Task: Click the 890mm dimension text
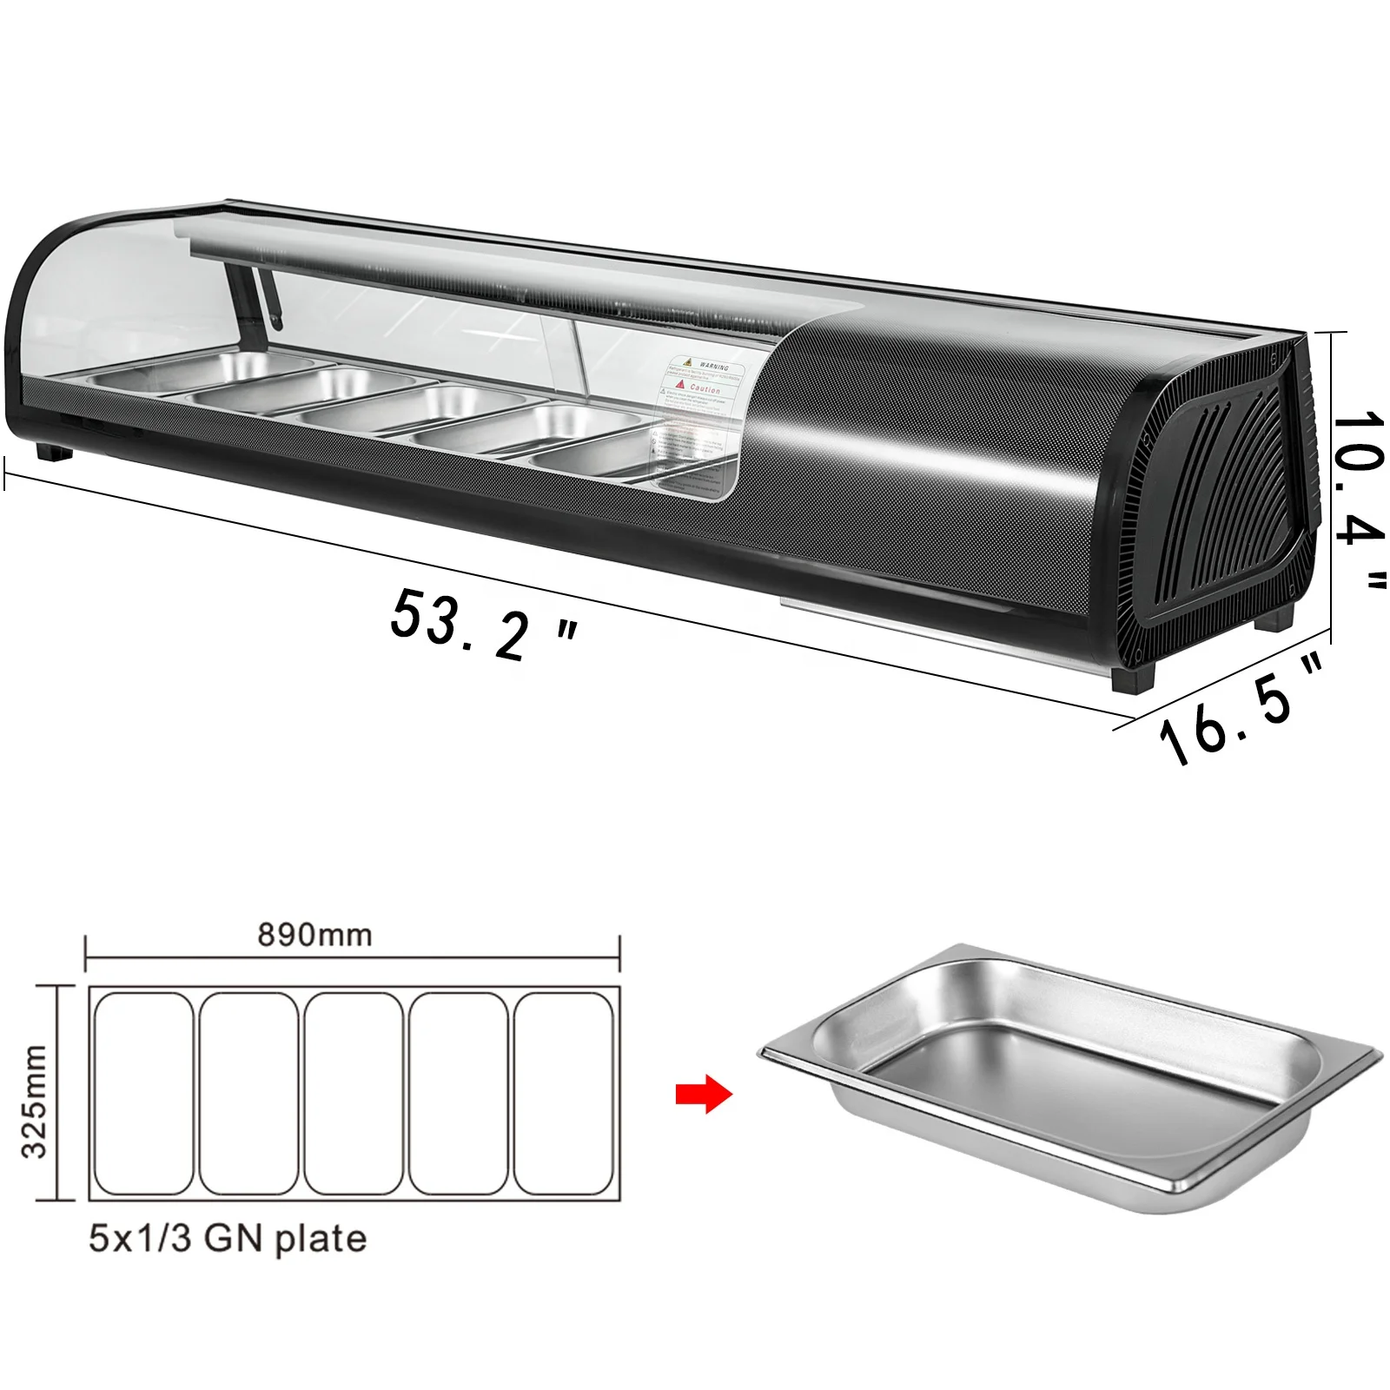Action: click(314, 935)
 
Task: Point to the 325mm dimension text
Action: click(35, 1102)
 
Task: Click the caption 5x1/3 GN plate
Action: click(228, 1238)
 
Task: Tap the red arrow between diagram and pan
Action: click(704, 1094)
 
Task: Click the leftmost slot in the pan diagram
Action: click(144, 1094)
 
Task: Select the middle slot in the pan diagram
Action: click(354, 1094)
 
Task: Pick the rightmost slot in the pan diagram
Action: click(564, 1094)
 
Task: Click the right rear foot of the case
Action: click(1274, 619)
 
